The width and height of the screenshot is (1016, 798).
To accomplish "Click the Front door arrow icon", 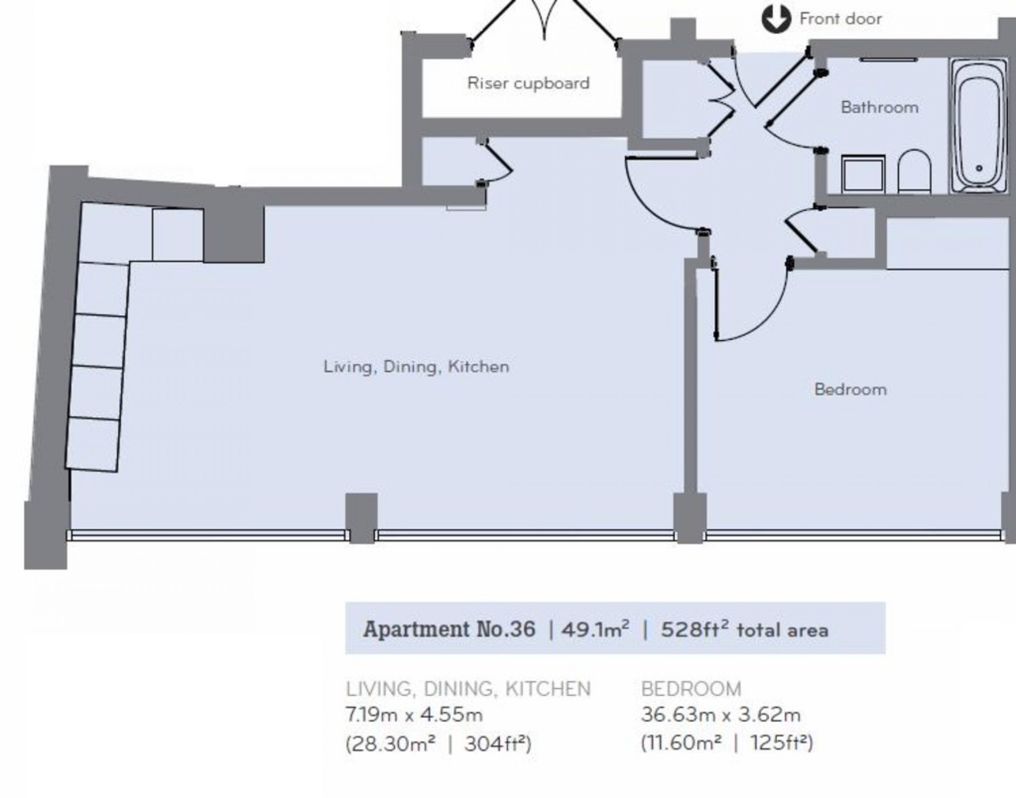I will point(776,20).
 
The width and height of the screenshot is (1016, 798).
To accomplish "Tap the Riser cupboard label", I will point(528,83).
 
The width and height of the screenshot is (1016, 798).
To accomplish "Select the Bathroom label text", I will point(879,107).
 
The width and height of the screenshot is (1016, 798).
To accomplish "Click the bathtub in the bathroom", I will point(978,125).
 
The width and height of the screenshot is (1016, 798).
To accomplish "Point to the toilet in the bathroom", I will point(914,171).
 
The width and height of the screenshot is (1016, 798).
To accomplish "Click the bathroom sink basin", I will point(863,173).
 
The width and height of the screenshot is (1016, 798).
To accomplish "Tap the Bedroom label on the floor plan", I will point(850,390).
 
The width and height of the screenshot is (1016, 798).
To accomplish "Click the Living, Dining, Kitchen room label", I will point(416,366).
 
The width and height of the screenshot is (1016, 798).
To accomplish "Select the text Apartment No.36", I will point(449,629).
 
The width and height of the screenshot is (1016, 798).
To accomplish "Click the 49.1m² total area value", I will point(595,629).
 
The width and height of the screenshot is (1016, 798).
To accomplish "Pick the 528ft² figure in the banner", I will point(694,629).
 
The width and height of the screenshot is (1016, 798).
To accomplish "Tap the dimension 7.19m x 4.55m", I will point(414,715).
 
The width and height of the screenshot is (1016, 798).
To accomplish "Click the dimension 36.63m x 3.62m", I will point(720,715).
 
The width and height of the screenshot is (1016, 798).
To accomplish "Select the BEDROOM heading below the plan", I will point(691,689).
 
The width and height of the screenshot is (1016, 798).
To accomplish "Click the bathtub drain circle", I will point(978,169).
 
